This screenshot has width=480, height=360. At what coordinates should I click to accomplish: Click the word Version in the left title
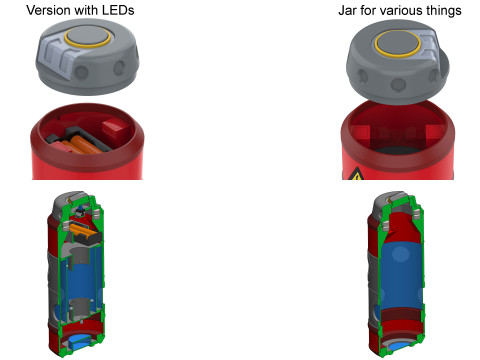coord(45,10)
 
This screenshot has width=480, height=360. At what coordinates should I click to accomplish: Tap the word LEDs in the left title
coord(118,10)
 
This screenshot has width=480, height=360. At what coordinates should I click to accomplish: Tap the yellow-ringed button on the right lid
coord(398,43)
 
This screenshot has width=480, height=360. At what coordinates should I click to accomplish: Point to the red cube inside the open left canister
coord(115,131)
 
